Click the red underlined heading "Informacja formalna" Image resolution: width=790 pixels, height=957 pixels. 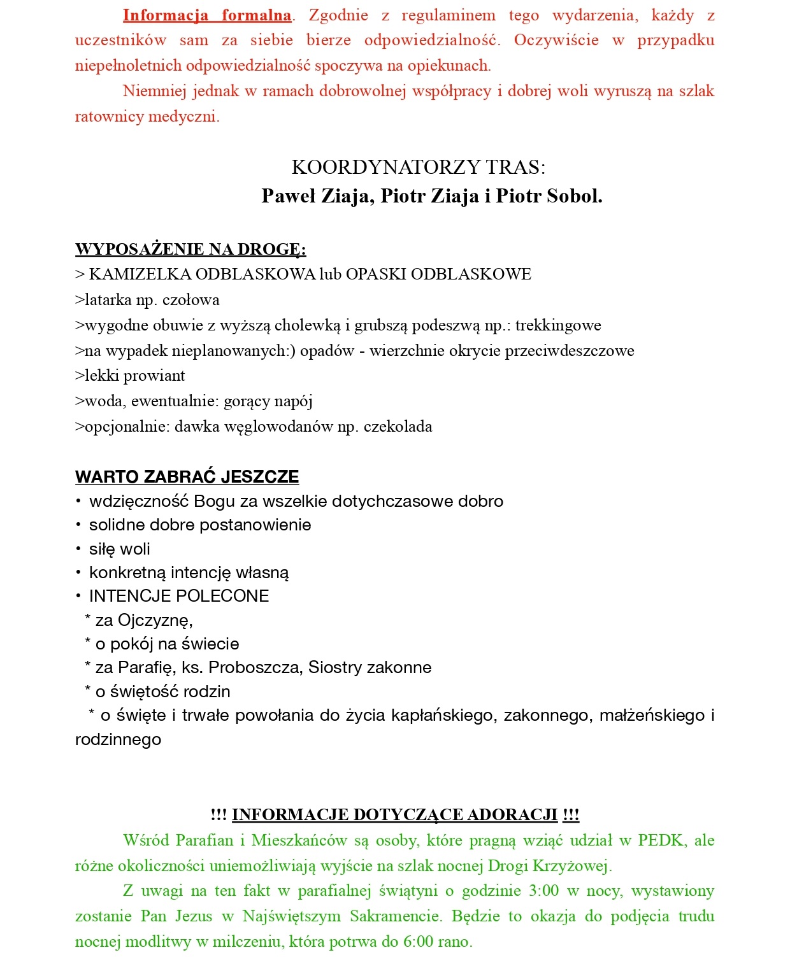[x=207, y=15]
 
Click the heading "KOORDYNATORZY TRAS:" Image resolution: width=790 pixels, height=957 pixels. [x=419, y=167]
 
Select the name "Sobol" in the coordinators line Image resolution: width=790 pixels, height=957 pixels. [x=573, y=196]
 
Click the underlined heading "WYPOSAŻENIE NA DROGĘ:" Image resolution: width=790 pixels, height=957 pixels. [x=190, y=249]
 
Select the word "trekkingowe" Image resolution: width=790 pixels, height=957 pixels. [x=558, y=325]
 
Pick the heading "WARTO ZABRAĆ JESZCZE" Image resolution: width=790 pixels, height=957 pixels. [x=187, y=477]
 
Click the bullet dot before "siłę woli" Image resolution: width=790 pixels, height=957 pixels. [x=78, y=549]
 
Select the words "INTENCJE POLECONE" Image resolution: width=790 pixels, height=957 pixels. [x=179, y=596]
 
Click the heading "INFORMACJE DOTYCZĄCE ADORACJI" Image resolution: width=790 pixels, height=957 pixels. [x=394, y=815]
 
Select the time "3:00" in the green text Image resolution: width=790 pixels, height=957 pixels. [x=543, y=891]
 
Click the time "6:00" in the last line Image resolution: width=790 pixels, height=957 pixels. [x=418, y=942]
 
